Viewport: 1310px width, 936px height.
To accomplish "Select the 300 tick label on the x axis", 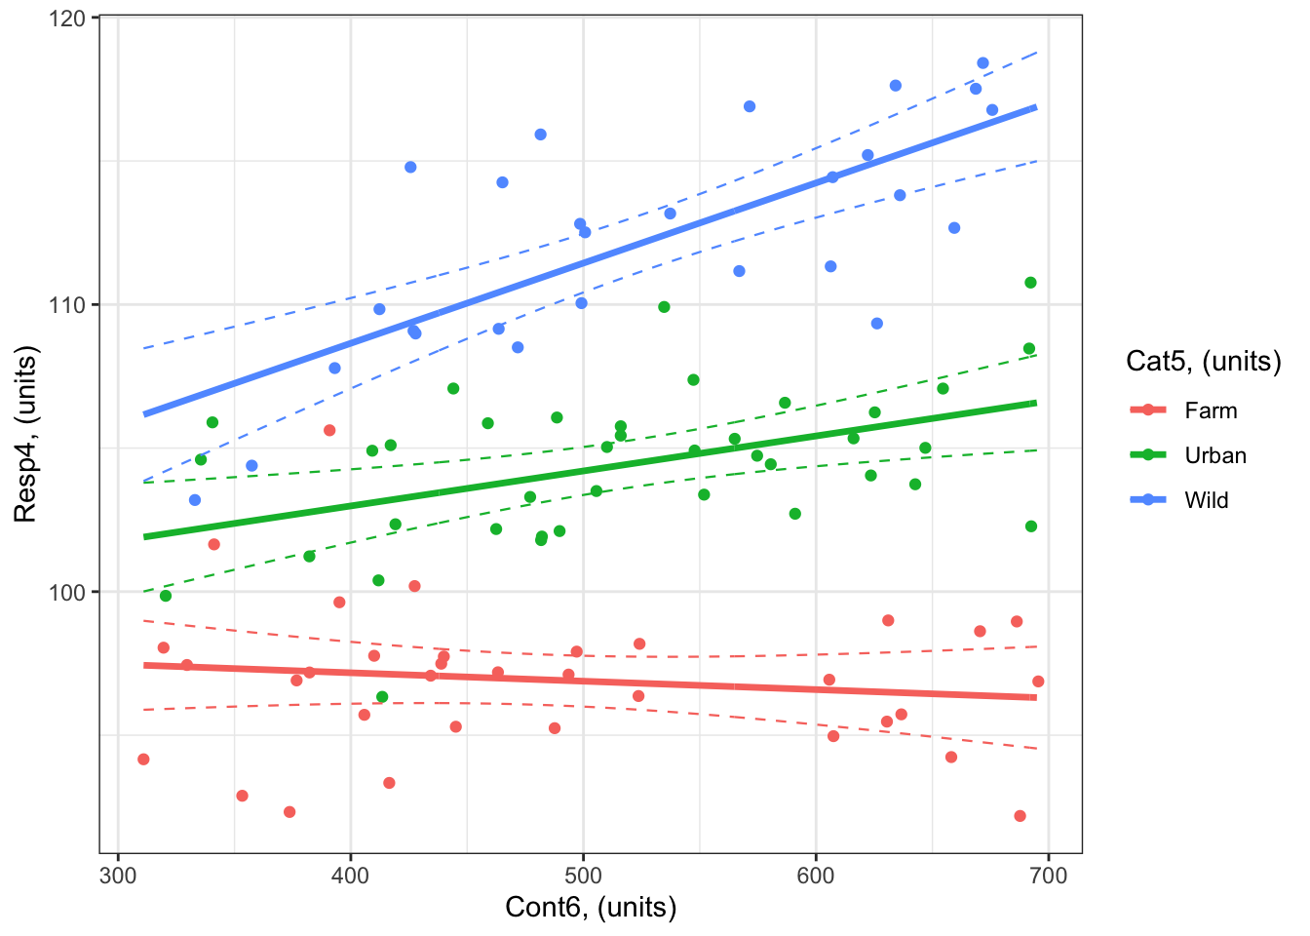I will coord(118,876).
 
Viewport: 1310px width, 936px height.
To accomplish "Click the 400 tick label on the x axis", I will coord(351,876).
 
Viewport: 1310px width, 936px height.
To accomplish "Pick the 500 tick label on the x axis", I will coord(583,876).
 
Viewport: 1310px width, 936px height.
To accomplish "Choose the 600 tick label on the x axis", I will coord(816,876).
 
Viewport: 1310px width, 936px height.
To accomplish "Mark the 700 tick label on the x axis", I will coord(1048,876).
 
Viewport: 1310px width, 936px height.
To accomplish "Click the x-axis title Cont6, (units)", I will coord(591,908).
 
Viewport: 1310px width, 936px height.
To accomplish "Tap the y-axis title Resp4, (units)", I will coord(25,435).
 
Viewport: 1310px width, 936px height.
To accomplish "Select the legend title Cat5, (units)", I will coord(1203,362).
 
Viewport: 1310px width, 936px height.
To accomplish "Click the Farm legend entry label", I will coord(1211,410).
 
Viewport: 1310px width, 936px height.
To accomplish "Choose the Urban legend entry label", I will coord(1215,455).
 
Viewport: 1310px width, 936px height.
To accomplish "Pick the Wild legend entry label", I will coord(1207,500).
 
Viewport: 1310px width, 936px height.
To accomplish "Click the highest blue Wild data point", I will coord(982,63).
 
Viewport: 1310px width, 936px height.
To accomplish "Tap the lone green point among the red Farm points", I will coord(382,697).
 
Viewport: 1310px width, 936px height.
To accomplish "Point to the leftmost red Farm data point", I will coord(143,760).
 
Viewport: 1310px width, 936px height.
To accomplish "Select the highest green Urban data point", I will coord(1030,283).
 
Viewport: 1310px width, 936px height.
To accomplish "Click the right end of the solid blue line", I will coord(1035,107).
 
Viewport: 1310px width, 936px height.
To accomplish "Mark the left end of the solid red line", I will coord(144,665).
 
